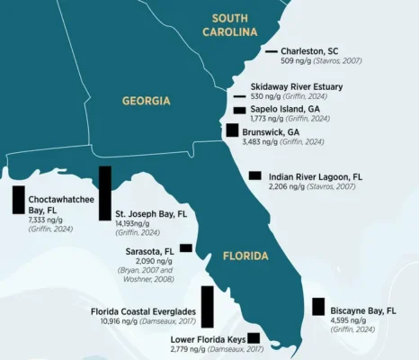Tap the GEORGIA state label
pos(146,101)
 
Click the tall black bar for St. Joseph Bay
pos(105,193)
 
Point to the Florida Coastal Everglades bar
pos(208,306)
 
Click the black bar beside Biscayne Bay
pos(318,306)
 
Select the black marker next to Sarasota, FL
pos(186,247)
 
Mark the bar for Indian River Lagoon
pos(255,175)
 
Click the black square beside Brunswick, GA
pos(233,130)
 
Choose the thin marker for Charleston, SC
pos(272,52)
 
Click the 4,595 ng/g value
pos(353,320)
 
